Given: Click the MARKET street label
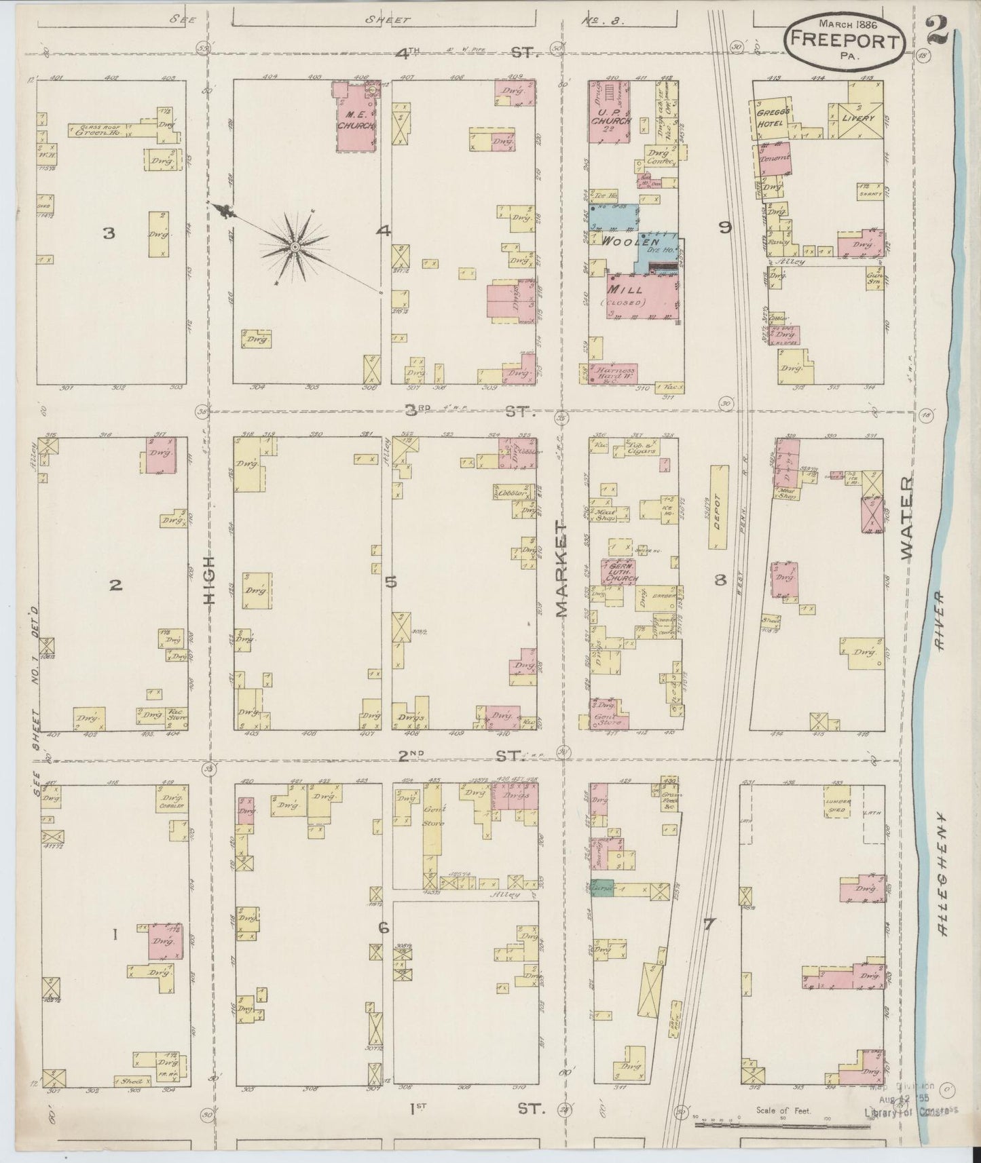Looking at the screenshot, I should click(562, 569).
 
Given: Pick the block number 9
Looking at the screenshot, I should click(725, 228).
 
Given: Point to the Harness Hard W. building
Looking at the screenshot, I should click(614, 372).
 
